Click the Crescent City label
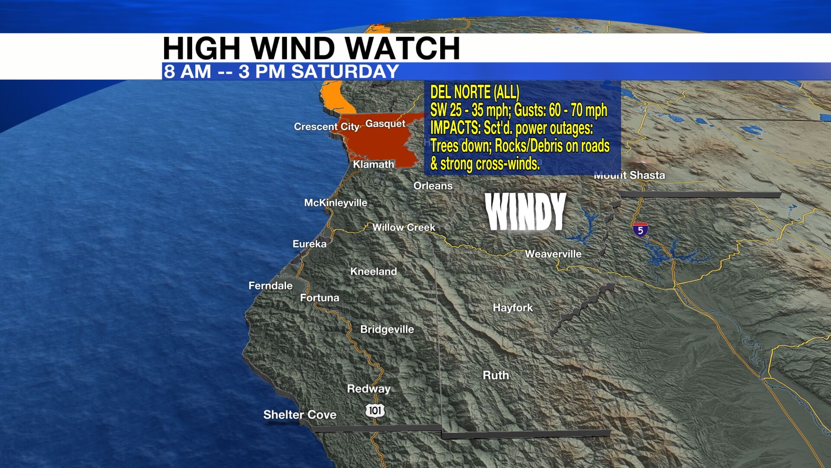[x=326, y=127]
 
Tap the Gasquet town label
[x=385, y=123]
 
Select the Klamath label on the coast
[x=374, y=164]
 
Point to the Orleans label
[x=433, y=186]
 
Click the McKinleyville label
[x=335, y=203]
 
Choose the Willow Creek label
[x=403, y=227]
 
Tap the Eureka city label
[x=309, y=244]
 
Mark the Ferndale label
[x=271, y=286]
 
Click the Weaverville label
[x=553, y=254]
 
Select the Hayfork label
[x=513, y=308]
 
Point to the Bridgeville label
[x=387, y=329]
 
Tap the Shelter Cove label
[x=300, y=415]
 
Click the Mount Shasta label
[x=629, y=175]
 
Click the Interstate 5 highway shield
[x=640, y=230]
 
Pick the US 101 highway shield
[x=375, y=410]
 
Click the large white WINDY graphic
[x=526, y=212]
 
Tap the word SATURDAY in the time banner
[x=345, y=71]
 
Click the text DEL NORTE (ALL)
[x=474, y=92]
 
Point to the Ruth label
[x=496, y=375]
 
